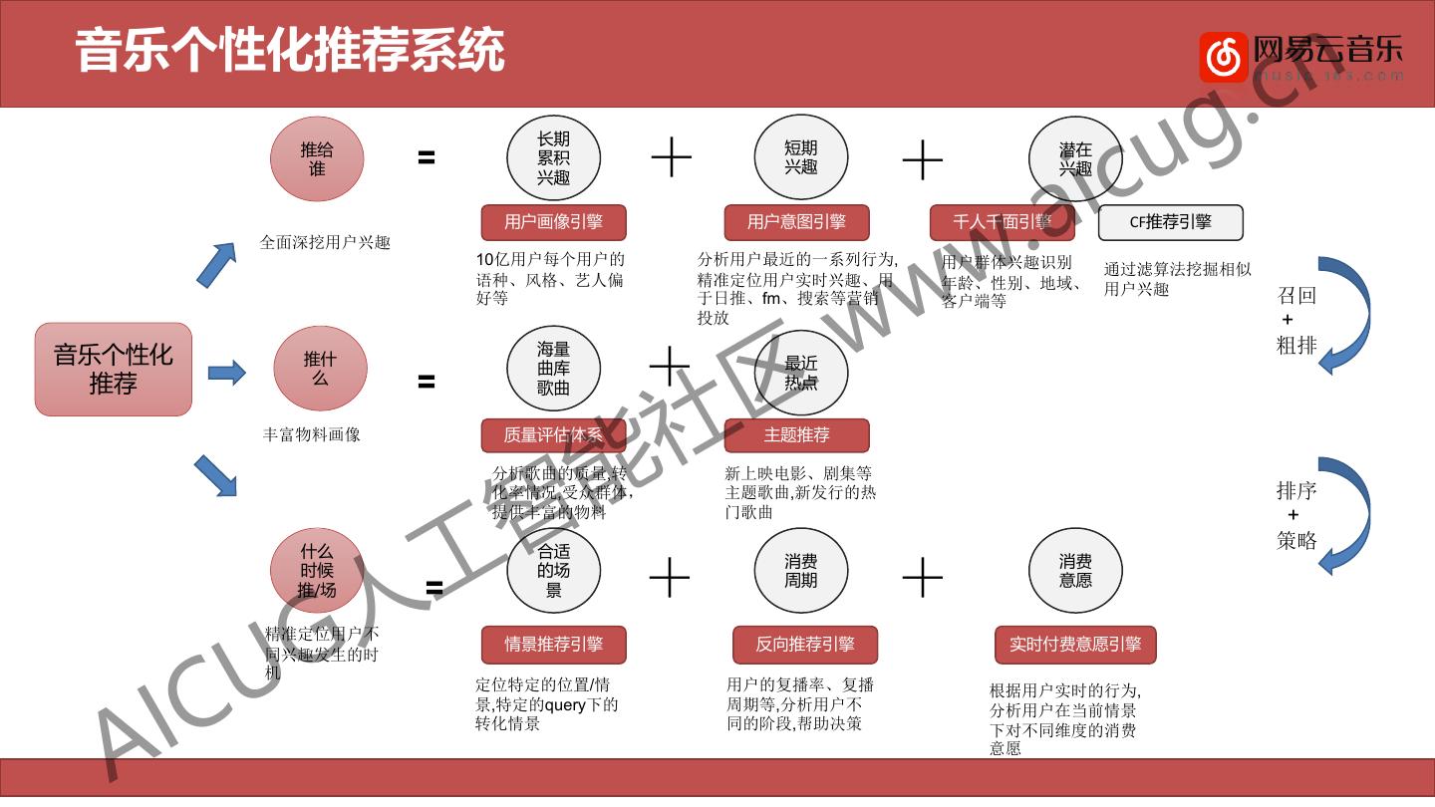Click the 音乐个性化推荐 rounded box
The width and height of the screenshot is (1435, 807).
pyautogui.click(x=114, y=369)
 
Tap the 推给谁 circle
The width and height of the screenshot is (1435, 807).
pyautogui.click(x=317, y=159)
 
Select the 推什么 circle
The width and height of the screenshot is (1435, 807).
pyautogui.click(x=320, y=369)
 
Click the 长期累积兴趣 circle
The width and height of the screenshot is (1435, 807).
pyautogui.click(x=553, y=159)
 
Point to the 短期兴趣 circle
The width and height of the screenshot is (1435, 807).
pyautogui.click(x=800, y=159)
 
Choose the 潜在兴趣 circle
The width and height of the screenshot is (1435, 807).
pyautogui.click(x=1075, y=159)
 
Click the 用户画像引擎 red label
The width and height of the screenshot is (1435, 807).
pyautogui.click(x=553, y=222)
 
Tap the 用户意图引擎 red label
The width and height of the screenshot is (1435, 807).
pyautogui.click(x=797, y=222)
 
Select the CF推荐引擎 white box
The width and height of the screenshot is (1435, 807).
pyautogui.click(x=1171, y=222)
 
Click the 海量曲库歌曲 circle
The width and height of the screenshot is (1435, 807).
pyautogui.click(x=553, y=369)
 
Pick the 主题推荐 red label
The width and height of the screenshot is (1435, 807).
pyautogui.click(x=797, y=435)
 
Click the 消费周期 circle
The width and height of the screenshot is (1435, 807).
pyautogui.click(x=800, y=571)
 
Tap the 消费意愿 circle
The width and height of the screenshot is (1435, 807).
pyautogui.click(x=1075, y=571)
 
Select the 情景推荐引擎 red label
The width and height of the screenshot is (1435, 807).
pyautogui.click(x=554, y=645)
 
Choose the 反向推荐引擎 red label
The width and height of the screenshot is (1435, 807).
pyautogui.click(x=805, y=645)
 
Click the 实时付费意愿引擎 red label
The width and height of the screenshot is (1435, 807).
pyautogui.click(x=1075, y=645)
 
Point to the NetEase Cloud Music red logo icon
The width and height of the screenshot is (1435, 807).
pyautogui.click(x=1223, y=58)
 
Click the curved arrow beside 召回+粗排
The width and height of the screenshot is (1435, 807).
pyautogui.click(x=1345, y=314)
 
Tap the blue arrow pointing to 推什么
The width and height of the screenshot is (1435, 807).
pyautogui.click(x=227, y=374)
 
